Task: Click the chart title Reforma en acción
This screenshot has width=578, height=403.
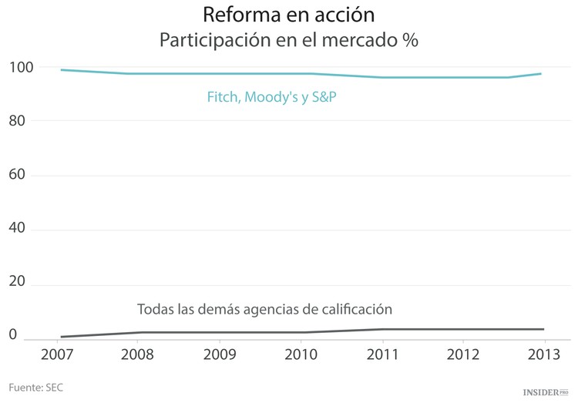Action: click(x=288, y=15)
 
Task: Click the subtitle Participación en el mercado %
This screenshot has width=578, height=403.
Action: click(x=288, y=41)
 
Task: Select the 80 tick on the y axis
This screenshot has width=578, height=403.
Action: click(x=18, y=120)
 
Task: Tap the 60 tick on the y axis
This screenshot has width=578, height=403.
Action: click(x=18, y=174)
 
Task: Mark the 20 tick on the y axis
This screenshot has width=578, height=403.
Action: click(x=18, y=282)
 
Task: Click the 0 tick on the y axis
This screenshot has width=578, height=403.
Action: click(x=13, y=335)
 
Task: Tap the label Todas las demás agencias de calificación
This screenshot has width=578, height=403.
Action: click(x=264, y=309)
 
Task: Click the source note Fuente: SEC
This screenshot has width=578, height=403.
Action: click(x=35, y=387)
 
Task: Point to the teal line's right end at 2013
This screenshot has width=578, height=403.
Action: click(x=542, y=74)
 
